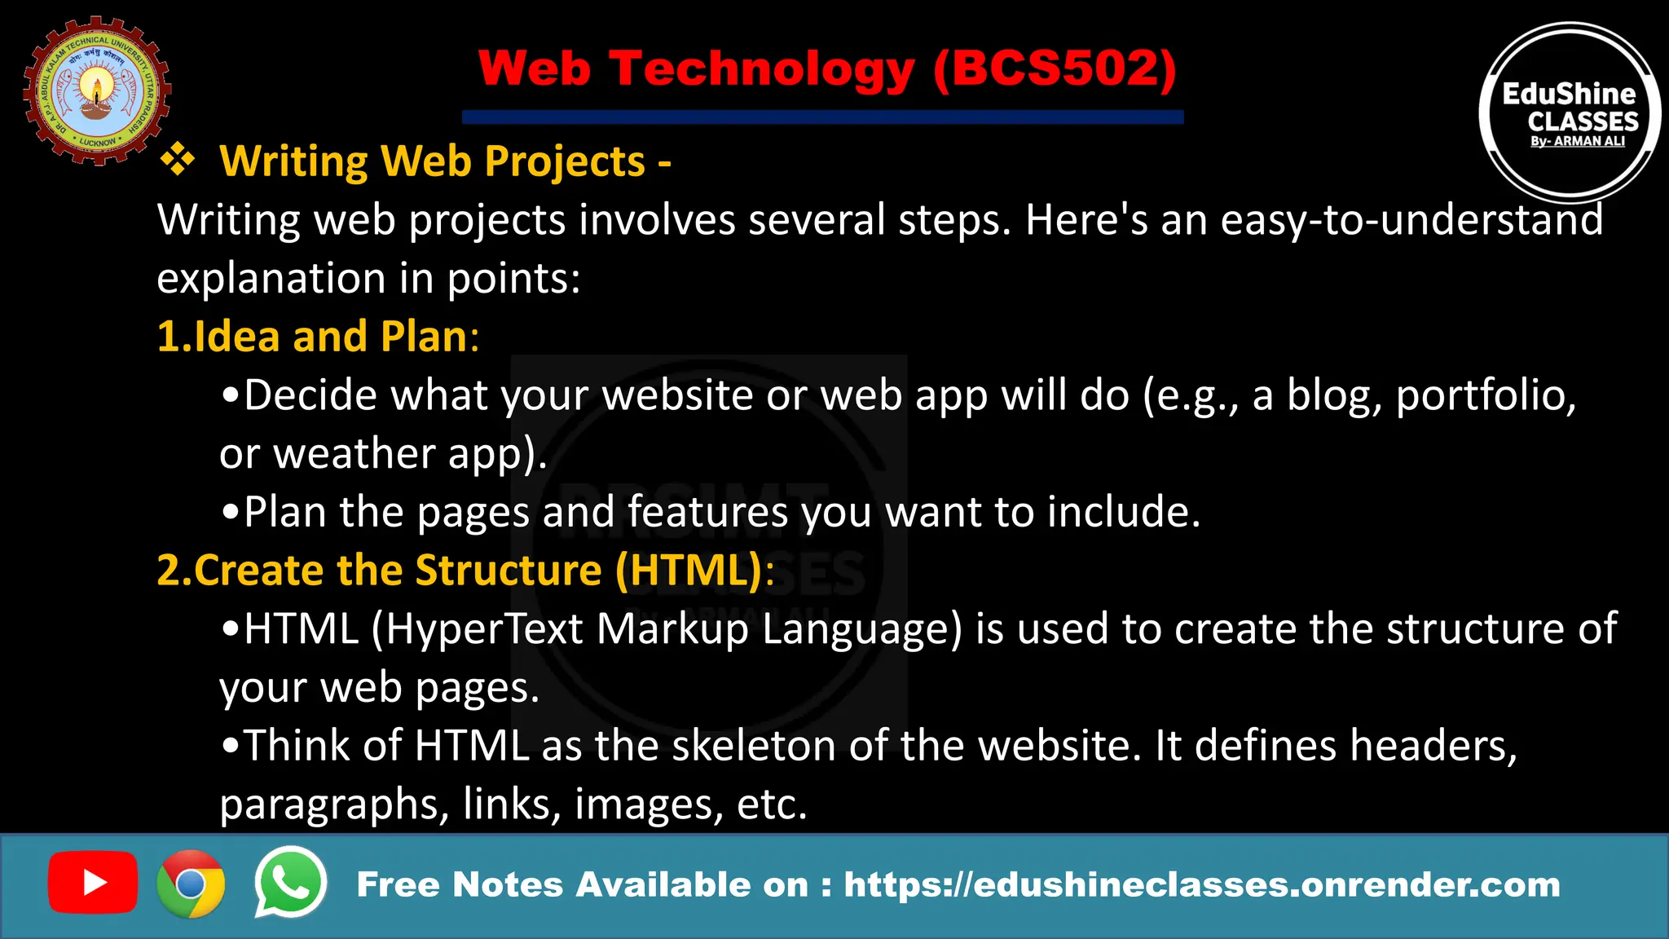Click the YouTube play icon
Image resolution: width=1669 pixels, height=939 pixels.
(x=92, y=883)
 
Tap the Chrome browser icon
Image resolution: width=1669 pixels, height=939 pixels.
(x=191, y=884)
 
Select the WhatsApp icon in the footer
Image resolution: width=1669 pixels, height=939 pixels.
(x=291, y=883)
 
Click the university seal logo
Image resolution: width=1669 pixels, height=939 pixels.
(x=97, y=90)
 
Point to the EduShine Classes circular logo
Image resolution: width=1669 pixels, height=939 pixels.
(x=1570, y=112)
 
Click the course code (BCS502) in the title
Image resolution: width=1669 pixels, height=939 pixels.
(x=1055, y=68)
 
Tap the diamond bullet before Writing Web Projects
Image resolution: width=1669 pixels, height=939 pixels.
(x=177, y=160)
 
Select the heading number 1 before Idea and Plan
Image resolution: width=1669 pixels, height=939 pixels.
(x=167, y=336)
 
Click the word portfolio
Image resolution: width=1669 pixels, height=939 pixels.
(x=1485, y=395)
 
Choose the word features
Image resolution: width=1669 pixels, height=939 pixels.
(x=707, y=512)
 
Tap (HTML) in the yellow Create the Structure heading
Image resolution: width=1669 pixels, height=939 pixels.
(x=689, y=570)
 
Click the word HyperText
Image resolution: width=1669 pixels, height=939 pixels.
(x=484, y=629)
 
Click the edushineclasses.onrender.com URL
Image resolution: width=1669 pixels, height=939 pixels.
(x=1202, y=884)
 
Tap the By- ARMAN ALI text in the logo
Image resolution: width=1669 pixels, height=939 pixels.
(x=1578, y=141)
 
